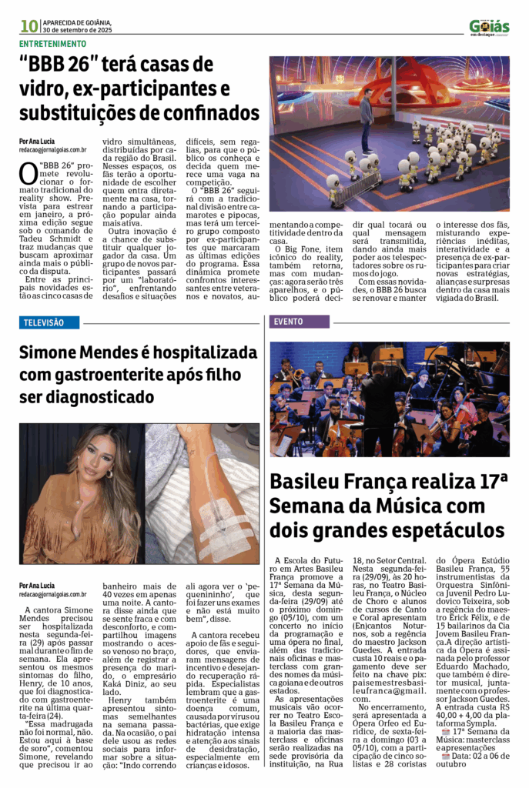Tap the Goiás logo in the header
click(489, 27)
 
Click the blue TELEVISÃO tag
click(42, 322)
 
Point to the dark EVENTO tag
click(288, 322)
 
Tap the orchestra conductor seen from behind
click(383, 404)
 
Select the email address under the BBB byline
click(52, 150)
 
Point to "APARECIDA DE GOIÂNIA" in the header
click(77, 22)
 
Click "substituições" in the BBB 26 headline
click(75, 113)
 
